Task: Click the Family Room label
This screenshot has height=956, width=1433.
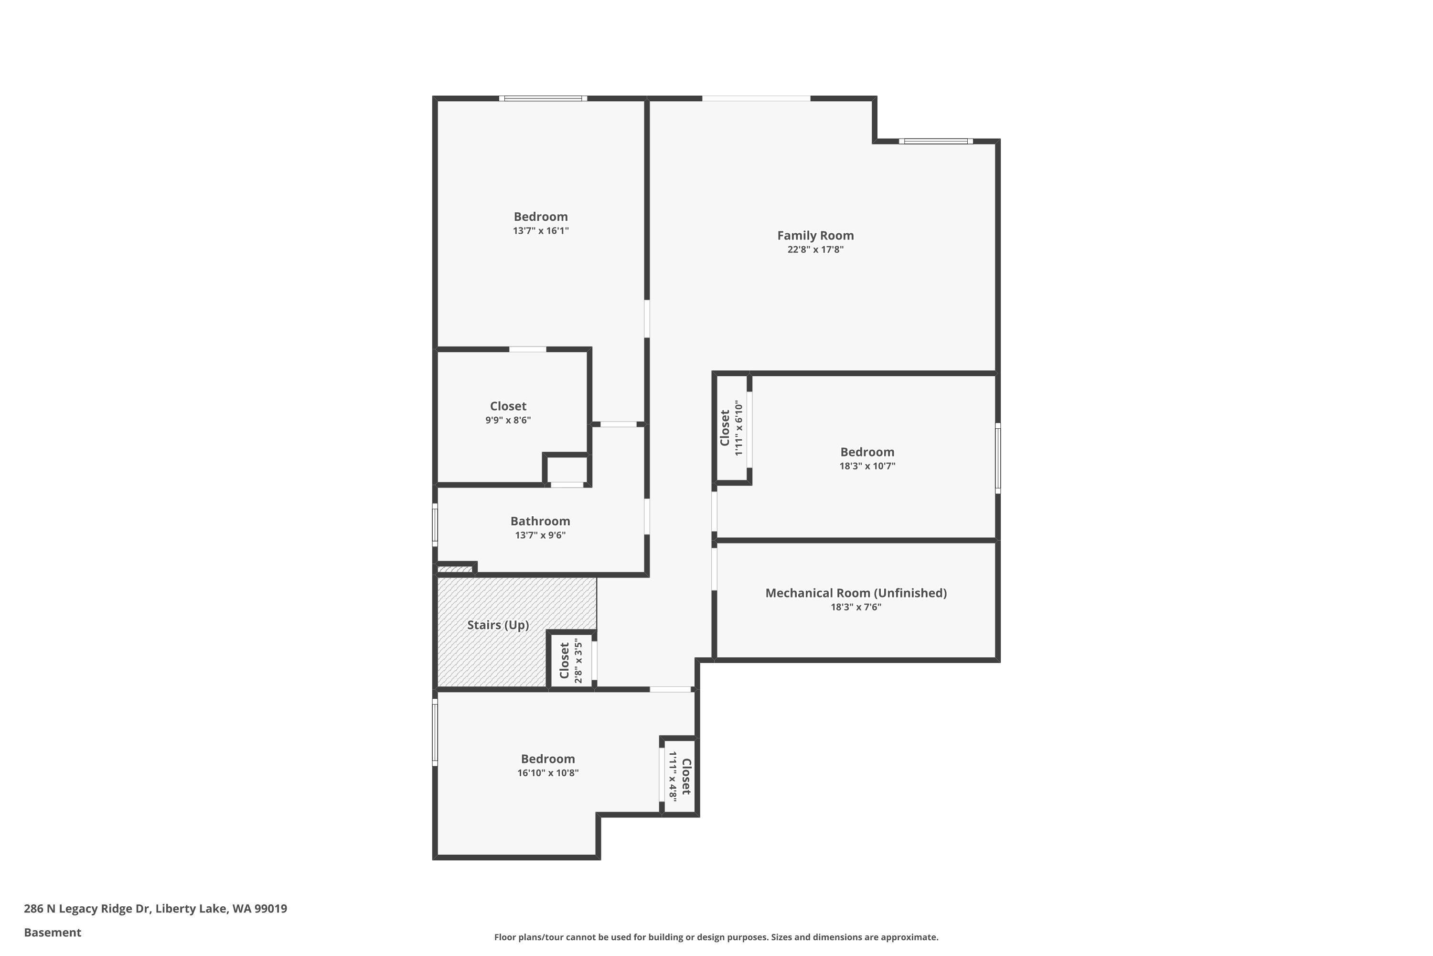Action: tap(815, 235)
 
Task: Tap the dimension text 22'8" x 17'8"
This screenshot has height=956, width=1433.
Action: tap(815, 250)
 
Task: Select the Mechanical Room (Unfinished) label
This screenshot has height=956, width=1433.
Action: tap(856, 593)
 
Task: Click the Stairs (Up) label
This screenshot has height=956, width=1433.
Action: tap(498, 625)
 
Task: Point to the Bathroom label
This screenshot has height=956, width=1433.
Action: tap(540, 521)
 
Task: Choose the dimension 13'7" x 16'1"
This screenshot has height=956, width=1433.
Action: tap(540, 230)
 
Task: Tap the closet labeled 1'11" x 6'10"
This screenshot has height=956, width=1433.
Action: tap(731, 427)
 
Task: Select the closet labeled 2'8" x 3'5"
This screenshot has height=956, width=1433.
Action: tap(571, 661)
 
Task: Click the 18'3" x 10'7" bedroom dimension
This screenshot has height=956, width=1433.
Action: tap(867, 466)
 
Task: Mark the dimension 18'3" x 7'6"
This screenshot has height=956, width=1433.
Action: tap(856, 607)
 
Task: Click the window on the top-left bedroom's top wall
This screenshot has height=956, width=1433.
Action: tap(543, 98)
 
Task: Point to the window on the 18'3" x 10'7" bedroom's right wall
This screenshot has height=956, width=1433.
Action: tap(997, 458)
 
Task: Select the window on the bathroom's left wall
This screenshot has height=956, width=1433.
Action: tap(435, 524)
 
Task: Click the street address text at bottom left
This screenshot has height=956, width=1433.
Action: tap(155, 909)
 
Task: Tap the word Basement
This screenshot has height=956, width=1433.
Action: tap(53, 932)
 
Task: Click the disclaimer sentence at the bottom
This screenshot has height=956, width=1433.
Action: tap(716, 937)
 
